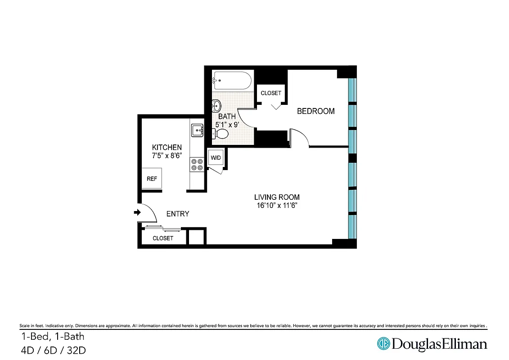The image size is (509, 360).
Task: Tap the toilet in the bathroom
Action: tap(221, 134)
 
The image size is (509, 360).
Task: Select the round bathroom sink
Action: tap(216, 106)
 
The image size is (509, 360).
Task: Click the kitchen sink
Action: tap(198, 130)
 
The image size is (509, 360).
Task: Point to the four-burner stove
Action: tap(197, 164)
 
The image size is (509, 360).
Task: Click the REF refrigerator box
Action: tap(152, 179)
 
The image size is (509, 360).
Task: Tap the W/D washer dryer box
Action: tap(216, 157)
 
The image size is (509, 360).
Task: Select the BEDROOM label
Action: tap(315, 111)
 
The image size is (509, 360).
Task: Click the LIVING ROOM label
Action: tap(277, 197)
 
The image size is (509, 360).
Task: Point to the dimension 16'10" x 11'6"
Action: tap(277, 205)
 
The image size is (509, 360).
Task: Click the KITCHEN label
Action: tap(167, 148)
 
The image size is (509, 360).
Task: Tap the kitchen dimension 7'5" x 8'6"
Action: tap(167, 156)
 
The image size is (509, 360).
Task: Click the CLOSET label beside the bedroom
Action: tap(271, 93)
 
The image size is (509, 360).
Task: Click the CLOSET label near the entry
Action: tap(162, 238)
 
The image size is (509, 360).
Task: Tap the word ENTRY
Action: tap(178, 214)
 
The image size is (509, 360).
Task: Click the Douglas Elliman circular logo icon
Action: tap(383, 344)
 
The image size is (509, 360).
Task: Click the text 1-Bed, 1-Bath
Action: tap(52, 336)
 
